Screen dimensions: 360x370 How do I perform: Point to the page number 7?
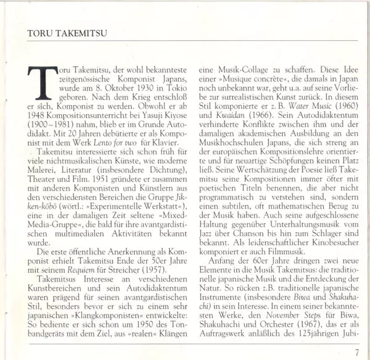point(357,353)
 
